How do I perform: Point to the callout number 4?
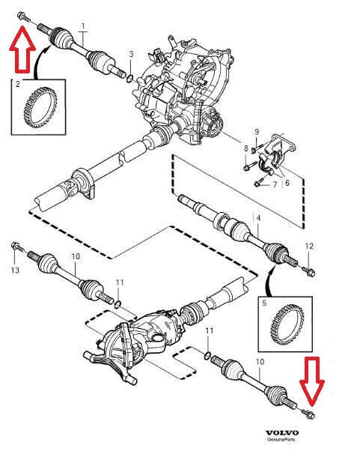pyautogui.click(x=259, y=218)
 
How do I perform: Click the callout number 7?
pyautogui.click(x=274, y=185)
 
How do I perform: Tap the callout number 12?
pyautogui.click(x=311, y=246)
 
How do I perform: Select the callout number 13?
pyautogui.click(x=13, y=270)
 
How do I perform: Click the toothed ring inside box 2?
pyautogui.click(x=34, y=108)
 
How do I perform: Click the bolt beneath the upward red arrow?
pyautogui.click(x=23, y=16)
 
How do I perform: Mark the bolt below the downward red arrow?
pyautogui.click(x=311, y=414)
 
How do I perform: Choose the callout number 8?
pyautogui.click(x=245, y=149)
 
